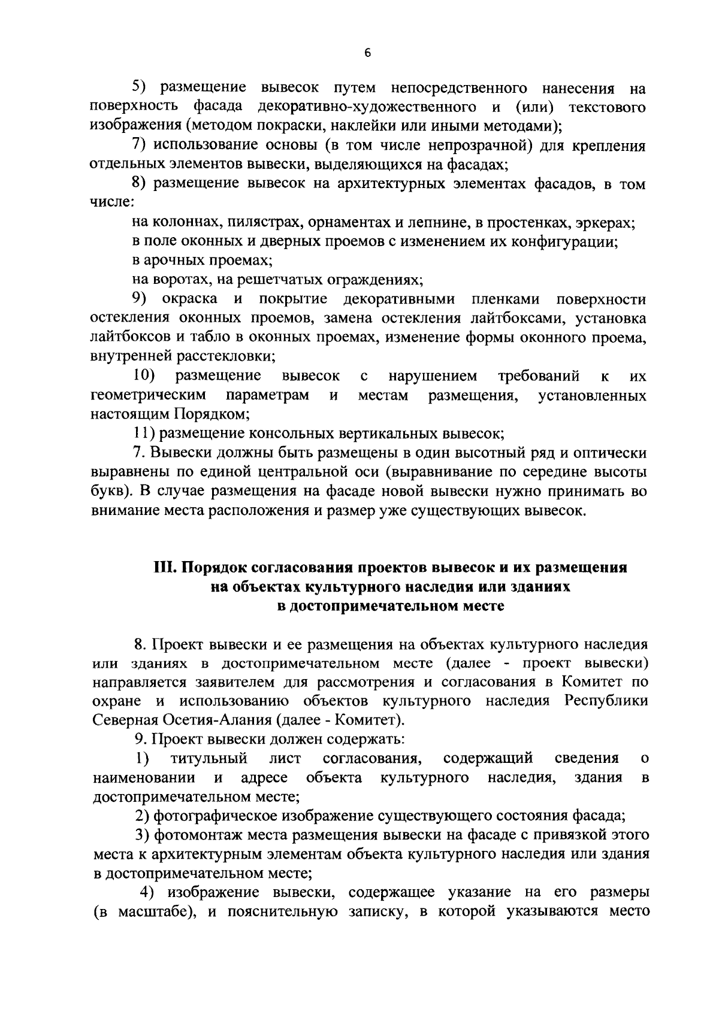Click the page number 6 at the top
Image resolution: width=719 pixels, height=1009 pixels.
pos(368,53)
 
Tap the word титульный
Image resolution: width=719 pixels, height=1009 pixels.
pos(209,759)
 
